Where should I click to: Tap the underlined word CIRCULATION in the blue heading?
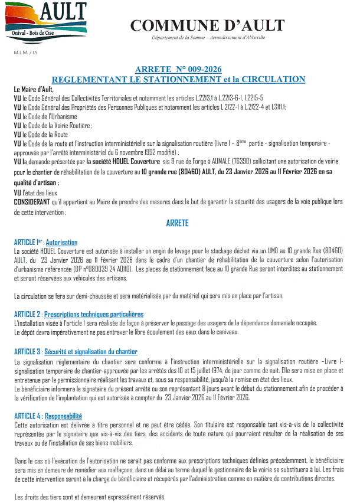click(271, 79)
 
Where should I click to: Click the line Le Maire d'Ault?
click(34, 89)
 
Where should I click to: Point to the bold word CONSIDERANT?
click(35, 202)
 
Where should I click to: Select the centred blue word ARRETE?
click(178, 224)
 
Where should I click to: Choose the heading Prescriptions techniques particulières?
click(94, 314)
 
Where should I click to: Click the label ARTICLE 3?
click(27, 351)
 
